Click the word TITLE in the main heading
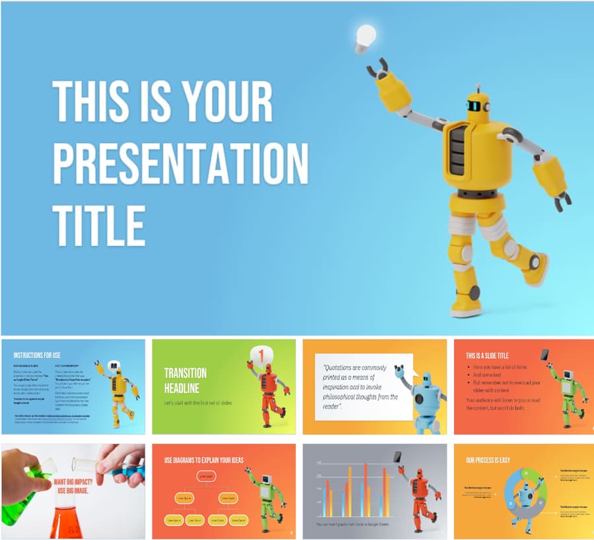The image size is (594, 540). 98,225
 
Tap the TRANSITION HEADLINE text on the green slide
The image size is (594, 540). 185,380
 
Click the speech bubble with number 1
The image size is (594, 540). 261,357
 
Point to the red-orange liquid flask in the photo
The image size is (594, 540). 65,518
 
